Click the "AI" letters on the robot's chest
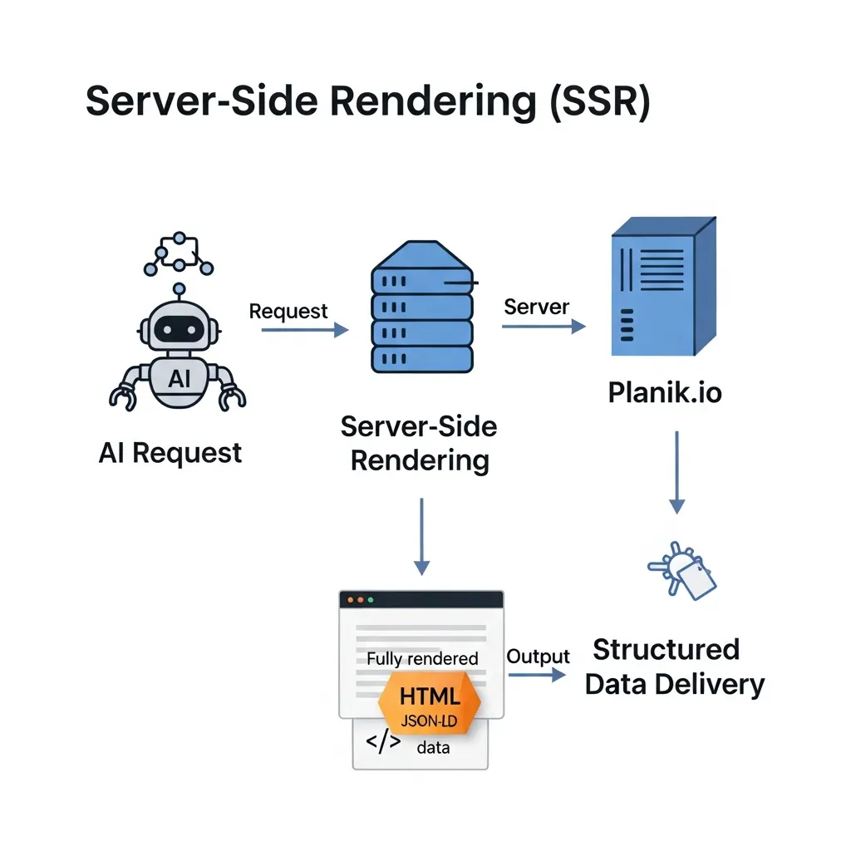pyautogui.click(x=179, y=379)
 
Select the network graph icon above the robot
pyautogui.click(x=179, y=253)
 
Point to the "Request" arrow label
pyautogui.click(x=288, y=312)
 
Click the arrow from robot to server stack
pyautogui.click(x=304, y=330)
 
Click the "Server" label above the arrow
pyautogui.click(x=536, y=307)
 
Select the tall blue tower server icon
pyautogui.click(x=662, y=287)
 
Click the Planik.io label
pyautogui.click(x=665, y=391)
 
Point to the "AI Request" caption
pyautogui.click(x=170, y=453)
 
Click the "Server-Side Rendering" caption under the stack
pyautogui.click(x=420, y=443)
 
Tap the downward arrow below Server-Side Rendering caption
pyautogui.click(x=422, y=536)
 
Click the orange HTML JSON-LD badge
pyautogui.click(x=429, y=702)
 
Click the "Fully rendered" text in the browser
pyautogui.click(x=422, y=659)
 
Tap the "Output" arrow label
pyautogui.click(x=538, y=657)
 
